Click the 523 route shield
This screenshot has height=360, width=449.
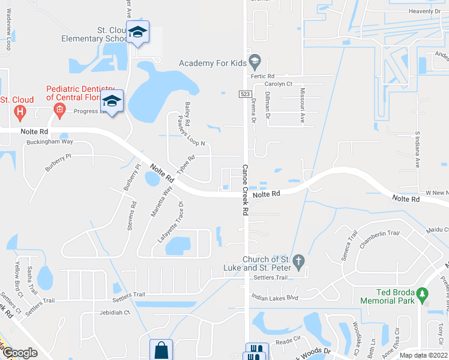(244, 94)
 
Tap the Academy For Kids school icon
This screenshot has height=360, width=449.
(255, 60)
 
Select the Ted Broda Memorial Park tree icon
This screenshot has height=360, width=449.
(423, 294)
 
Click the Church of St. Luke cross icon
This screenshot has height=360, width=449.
(301, 260)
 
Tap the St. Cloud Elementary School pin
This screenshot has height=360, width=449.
(137, 32)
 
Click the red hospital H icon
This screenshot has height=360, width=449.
(20, 111)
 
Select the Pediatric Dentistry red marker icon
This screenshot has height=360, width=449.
(59, 109)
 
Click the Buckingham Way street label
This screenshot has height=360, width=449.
(50, 142)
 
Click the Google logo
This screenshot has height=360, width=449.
(19, 353)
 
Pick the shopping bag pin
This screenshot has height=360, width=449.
(161, 349)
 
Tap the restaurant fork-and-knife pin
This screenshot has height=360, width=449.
(256, 352)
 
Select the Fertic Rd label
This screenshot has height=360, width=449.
(263, 76)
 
